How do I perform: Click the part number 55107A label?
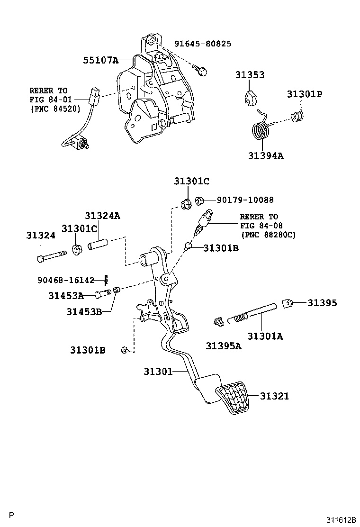pos(100,60)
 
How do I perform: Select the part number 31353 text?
pos(250,75)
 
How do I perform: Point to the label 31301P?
pos(304,94)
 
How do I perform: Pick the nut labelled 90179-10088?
pos(199,200)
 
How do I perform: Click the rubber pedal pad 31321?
pos(232,399)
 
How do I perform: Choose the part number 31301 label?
pos(158,372)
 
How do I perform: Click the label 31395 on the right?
pos(322,302)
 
